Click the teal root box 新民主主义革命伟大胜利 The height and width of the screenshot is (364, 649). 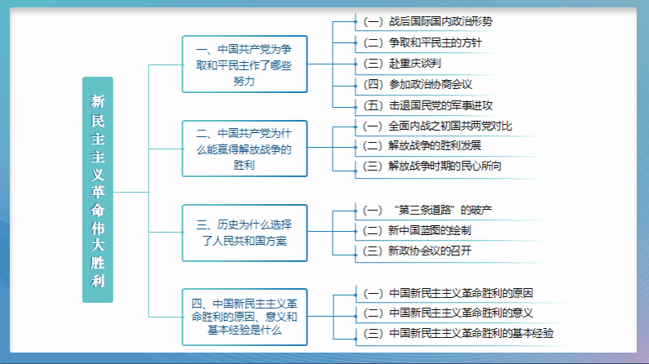[x=98, y=189]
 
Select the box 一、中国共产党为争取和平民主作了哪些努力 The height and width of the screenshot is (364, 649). [x=245, y=64]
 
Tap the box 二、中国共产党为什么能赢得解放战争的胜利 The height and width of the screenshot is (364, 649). [x=245, y=149]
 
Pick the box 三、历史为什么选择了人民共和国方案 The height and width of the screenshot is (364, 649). [x=245, y=233]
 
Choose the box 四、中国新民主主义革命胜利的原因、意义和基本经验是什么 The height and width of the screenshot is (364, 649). [x=245, y=317]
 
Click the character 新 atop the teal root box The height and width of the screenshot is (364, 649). [x=98, y=101]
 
